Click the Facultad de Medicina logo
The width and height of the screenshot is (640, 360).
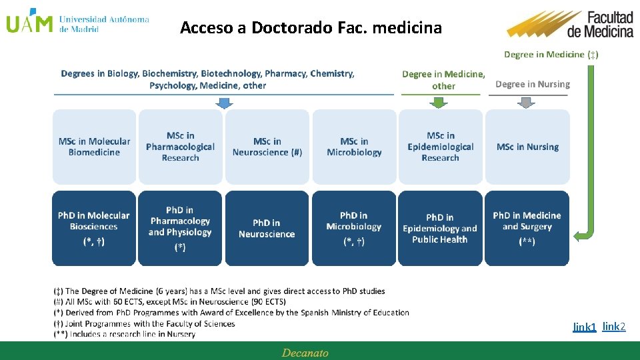click(x=571, y=25)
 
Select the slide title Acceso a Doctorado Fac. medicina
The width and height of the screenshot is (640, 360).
click(x=311, y=28)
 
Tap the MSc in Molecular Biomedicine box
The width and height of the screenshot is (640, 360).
click(x=94, y=147)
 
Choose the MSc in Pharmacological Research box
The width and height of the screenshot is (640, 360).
click(x=180, y=147)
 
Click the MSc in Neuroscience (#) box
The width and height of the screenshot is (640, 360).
click(x=267, y=147)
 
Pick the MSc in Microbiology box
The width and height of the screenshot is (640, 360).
click(x=354, y=147)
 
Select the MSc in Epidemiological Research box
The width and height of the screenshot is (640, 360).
click(x=440, y=147)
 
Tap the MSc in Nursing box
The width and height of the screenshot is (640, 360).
click(x=527, y=147)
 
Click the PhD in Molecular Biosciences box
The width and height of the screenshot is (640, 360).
click(x=94, y=228)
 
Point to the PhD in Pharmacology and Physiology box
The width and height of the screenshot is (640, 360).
click(x=180, y=228)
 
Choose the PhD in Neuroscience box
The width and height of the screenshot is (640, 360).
click(x=267, y=228)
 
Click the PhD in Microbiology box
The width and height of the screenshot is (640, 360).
click(x=354, y=228)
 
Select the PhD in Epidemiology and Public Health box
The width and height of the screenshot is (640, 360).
click(x=440, y=228)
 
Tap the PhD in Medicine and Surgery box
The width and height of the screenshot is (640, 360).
click(x=527, y=228)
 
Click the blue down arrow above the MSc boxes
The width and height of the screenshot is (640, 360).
click(x=225, y=103)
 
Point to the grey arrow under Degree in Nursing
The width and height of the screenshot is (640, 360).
click(x=527, y=102)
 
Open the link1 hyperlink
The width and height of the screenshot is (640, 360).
click(x=584, y=327)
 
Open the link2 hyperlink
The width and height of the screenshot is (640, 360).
click(x=614, y=326)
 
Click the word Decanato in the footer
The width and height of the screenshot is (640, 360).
click(x=305, y=353)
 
